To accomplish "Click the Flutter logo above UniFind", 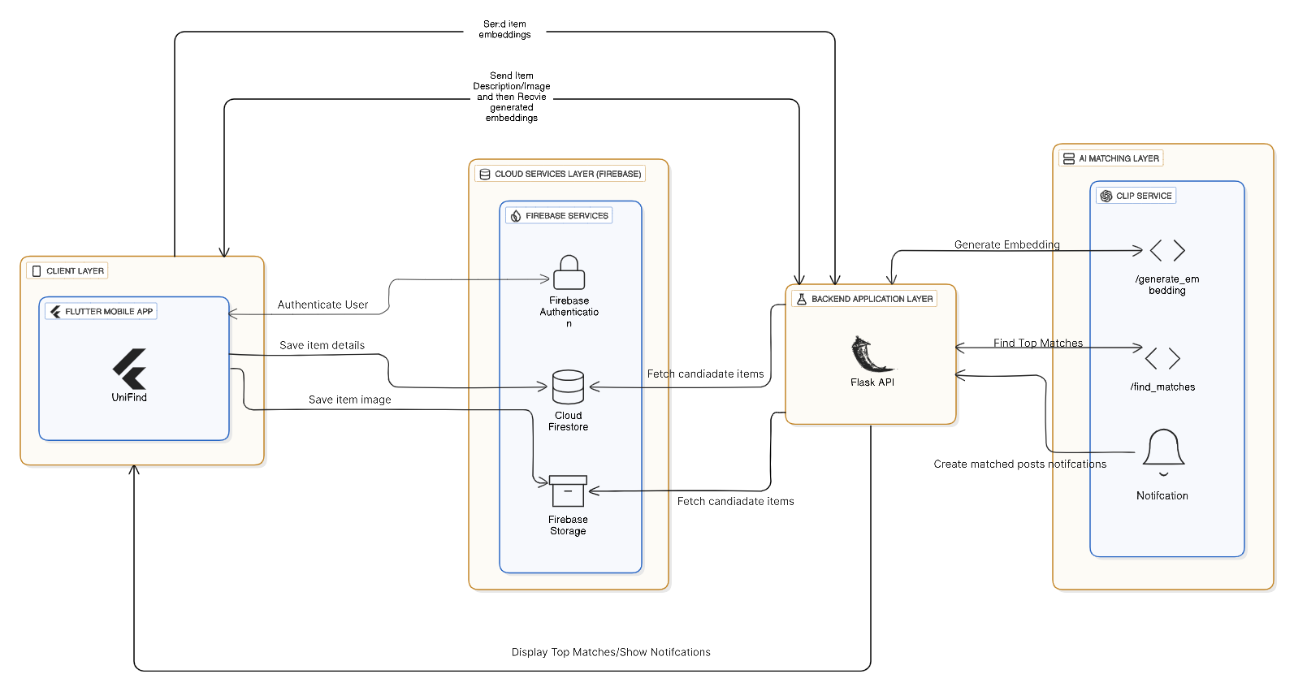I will click(x=130, y=369).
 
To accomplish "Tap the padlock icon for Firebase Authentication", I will click(x=569, y=273).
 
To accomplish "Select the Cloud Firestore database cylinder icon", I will click(x=568, y=387).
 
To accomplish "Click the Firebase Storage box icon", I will click(x=568, y=490).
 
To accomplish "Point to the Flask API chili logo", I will click(x=871, y=354).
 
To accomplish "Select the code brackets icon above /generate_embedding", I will click(x=1167, y=250).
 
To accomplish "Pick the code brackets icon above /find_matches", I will click(x=1162, y=358).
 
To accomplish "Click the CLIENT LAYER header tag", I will click(x=67, y=270).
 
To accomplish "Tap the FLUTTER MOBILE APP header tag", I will click(x=101, y=311).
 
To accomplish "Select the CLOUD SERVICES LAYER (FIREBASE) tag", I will click(x=560, y=174).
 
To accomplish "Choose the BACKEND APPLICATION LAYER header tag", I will click(x=864, y=299).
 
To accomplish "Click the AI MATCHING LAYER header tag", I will click(x=1111, y=158).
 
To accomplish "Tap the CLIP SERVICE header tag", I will click(x=1136, y=196).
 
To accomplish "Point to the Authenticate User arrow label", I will click(x=322, y=305).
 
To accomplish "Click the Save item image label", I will click(x=349, y=400).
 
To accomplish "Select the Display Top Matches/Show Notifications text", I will click(x=611, y=652).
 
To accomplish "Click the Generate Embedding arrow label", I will click(x=1006, y=244).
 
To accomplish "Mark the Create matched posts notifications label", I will click(x=1019, y=464).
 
